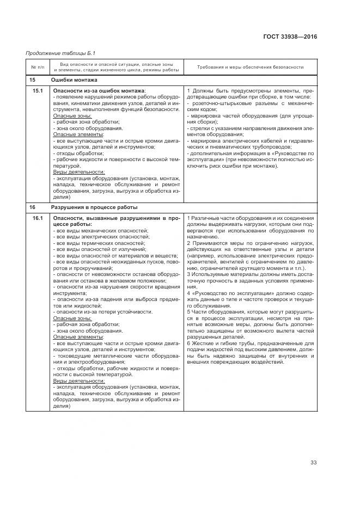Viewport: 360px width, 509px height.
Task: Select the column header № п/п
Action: point(37,67)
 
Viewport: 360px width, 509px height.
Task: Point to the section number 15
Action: point(32,80)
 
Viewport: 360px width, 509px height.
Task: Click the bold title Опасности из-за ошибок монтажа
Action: point(99,90)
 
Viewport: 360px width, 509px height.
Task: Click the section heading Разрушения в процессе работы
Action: point(94,207)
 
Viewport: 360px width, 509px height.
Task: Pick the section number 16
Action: point(32,207)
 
